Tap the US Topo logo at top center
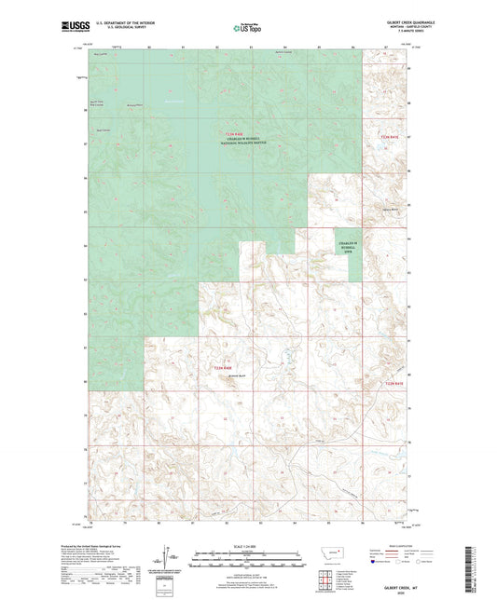(x=245, y=29)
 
